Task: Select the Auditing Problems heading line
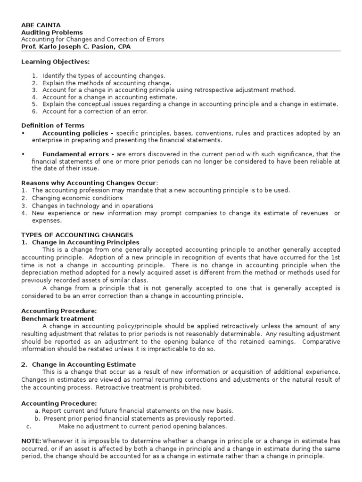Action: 52,32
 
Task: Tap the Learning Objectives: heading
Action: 56,62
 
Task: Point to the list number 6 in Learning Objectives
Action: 34,112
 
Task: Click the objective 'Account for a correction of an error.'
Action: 95,112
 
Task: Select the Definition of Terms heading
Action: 53,126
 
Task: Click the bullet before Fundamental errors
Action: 23,154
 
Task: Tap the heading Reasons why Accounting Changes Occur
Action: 89,183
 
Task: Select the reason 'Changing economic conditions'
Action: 77,198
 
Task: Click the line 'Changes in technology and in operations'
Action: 92,206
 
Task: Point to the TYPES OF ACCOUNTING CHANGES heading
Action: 77,235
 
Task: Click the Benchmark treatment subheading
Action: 58,319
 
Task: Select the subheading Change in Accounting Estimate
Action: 84,364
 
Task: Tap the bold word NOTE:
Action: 32,441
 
